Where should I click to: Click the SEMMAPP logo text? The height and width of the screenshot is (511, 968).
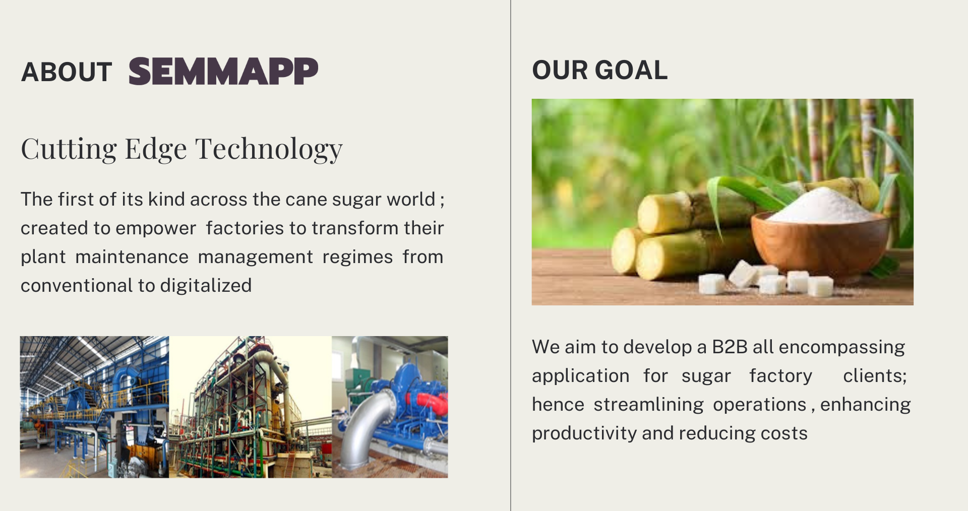click(223, 71)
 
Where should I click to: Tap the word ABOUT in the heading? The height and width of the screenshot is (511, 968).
click(67, 72)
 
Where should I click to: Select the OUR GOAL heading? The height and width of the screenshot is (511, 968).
click(600, 70)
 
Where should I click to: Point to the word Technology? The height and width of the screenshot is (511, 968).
click(269, 149)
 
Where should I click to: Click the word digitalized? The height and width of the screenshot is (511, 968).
click(206, 286)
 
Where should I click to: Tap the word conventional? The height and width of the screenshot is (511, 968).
click(77, 286)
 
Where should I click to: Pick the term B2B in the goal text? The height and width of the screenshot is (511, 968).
click(730, 347)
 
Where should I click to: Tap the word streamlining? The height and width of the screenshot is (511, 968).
click(648, 405)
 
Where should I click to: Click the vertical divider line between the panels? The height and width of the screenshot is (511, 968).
click(511, 255)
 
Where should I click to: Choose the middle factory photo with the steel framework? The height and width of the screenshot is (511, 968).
click(251, 407)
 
